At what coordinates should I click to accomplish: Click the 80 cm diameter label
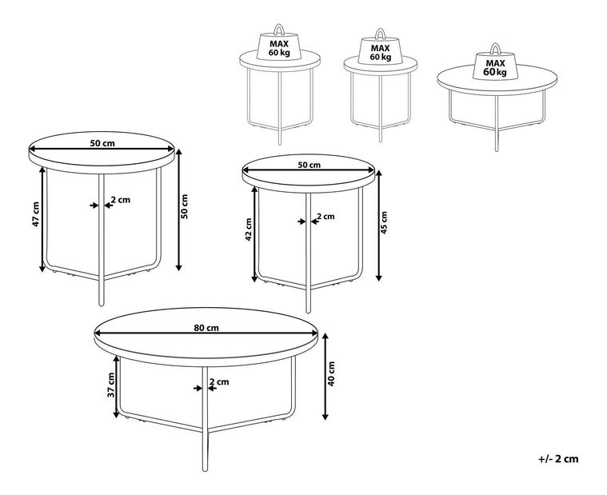pyautogui.click(x=206, y=328)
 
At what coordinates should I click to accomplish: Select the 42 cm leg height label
pyautogui.click(x=249, y=229)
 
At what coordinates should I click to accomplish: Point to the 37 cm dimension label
pyautogui.click(x=111, y=385)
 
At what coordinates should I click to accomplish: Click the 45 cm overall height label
pyautogui.click(x=384, y=222)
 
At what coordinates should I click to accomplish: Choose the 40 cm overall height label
pyautogui.click(x=331, y=374)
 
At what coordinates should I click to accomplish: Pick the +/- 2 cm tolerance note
pyautogui.click(x=558, y=459)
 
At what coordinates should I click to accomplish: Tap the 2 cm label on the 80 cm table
pyautogui.click(x=219, y=382)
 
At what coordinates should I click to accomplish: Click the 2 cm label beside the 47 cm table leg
pyautogui.click(x=121, y=200)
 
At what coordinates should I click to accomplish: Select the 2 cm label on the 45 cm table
pyautogui.click(x=325, y=217)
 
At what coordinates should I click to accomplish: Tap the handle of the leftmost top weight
pyautogui.click(x=279, y=30)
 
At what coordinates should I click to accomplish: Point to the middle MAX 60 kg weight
pyautogui.click(x=380, y=46)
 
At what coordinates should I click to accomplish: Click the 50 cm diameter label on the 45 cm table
pyautogui.click(x=309, y=165)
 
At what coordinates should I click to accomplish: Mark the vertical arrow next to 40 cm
pyautogui.click(x=325, y=377)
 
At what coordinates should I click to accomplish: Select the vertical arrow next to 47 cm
pyautogui.click(x=42, y=219)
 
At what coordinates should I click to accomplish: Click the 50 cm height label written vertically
pyautogui.click(x=184, y=206)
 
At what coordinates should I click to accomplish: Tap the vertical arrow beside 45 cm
pyautogui.click(x=379, y=226)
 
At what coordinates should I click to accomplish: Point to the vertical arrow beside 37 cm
pyautogui.click(x=116, y=387)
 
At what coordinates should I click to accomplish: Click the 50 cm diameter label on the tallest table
pyautogui.click(x=102, y=143)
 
